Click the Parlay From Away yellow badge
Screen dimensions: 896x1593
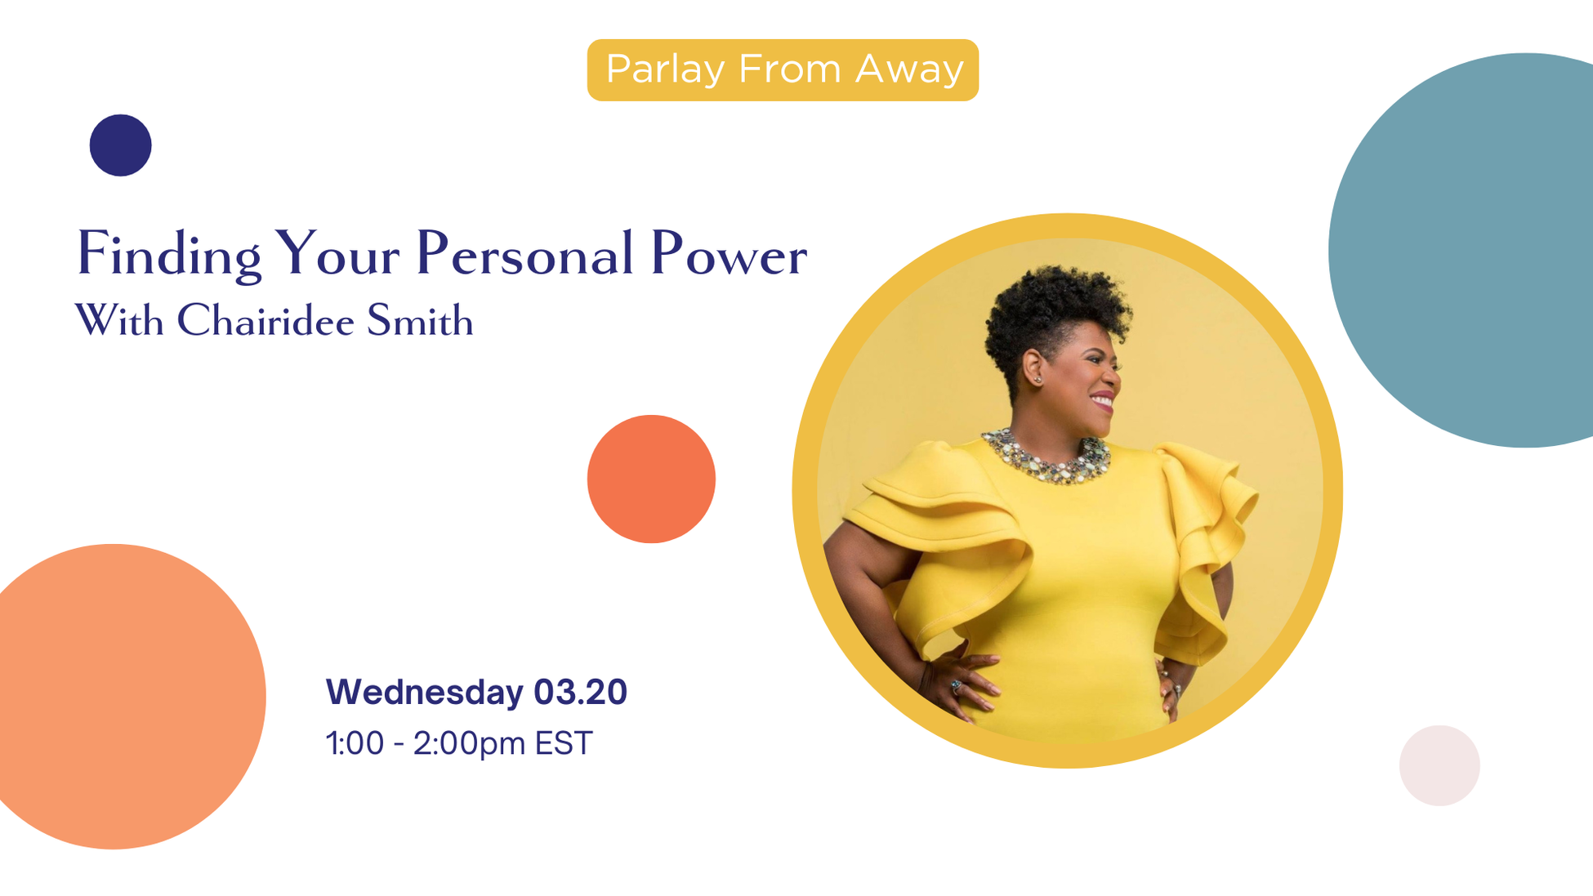[x=782, y=70]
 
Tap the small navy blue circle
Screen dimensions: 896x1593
[x=120, y=145]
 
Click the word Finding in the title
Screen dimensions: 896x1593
[x=168, y=255]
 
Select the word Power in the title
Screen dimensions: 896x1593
[x=728, y=255]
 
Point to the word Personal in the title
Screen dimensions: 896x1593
[x=524, y=255]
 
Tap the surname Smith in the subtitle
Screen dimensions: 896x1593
[x=420, y=320]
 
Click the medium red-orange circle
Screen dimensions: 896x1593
[x=651, y=479]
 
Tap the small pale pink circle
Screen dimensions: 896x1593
[x=1439, y=765]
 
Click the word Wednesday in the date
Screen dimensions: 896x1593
[x=424, y=692]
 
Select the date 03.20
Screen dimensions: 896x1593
[x=580, y=692]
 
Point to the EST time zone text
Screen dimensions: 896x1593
[x=563, y=743]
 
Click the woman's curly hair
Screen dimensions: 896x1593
[x=1054, y=314]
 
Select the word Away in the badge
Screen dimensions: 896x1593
[x=909, y=69]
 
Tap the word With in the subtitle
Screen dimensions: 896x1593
[x=119, y=320]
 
